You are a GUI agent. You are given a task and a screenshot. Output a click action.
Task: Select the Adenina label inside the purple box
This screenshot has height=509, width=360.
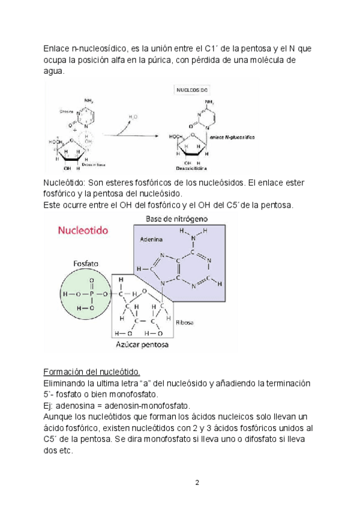[151, 238]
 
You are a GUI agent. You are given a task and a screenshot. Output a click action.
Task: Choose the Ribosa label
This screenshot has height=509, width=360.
[185, 323]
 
